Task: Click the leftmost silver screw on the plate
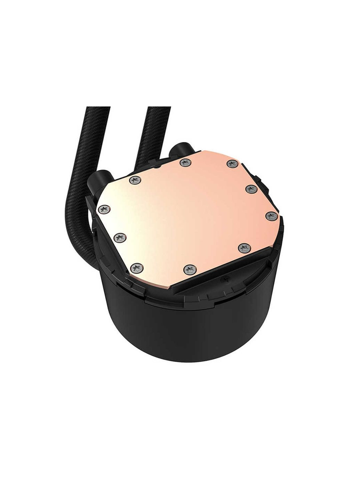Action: pos(104,209)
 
